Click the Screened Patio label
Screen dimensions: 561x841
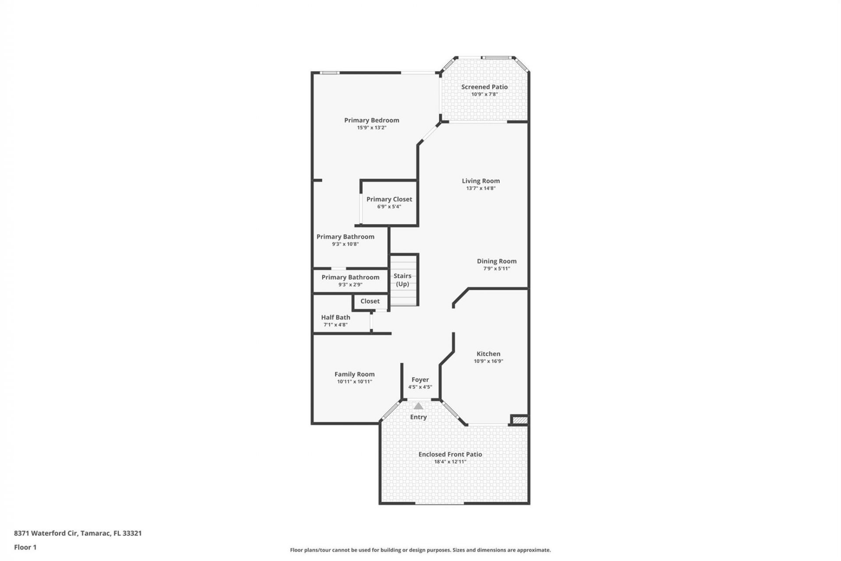(484, 87)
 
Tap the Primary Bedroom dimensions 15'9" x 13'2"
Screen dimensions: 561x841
(371, 128)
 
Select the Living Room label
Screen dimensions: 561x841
(481, 181)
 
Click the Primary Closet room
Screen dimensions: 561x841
(389, 202)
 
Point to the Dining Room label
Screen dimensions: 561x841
(496, 261)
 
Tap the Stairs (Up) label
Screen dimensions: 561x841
(402, 280)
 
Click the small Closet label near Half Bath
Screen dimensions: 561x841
(370, 301)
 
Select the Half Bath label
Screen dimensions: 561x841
(336, 317)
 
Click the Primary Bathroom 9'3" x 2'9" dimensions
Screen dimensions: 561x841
(350, 284)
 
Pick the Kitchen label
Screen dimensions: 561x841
(488, 354)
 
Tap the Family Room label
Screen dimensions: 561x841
(354, 374)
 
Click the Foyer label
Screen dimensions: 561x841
(420, 380)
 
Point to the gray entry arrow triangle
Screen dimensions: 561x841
(418, 406)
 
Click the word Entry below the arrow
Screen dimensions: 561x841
(418, 417)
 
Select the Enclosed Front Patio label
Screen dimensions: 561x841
(450, 454)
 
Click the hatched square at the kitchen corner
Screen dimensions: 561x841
(520, 420)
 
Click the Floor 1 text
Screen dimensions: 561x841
(25, 547)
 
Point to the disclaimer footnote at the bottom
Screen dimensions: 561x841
(420, 550)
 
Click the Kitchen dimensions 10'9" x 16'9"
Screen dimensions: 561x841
(488, 361)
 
